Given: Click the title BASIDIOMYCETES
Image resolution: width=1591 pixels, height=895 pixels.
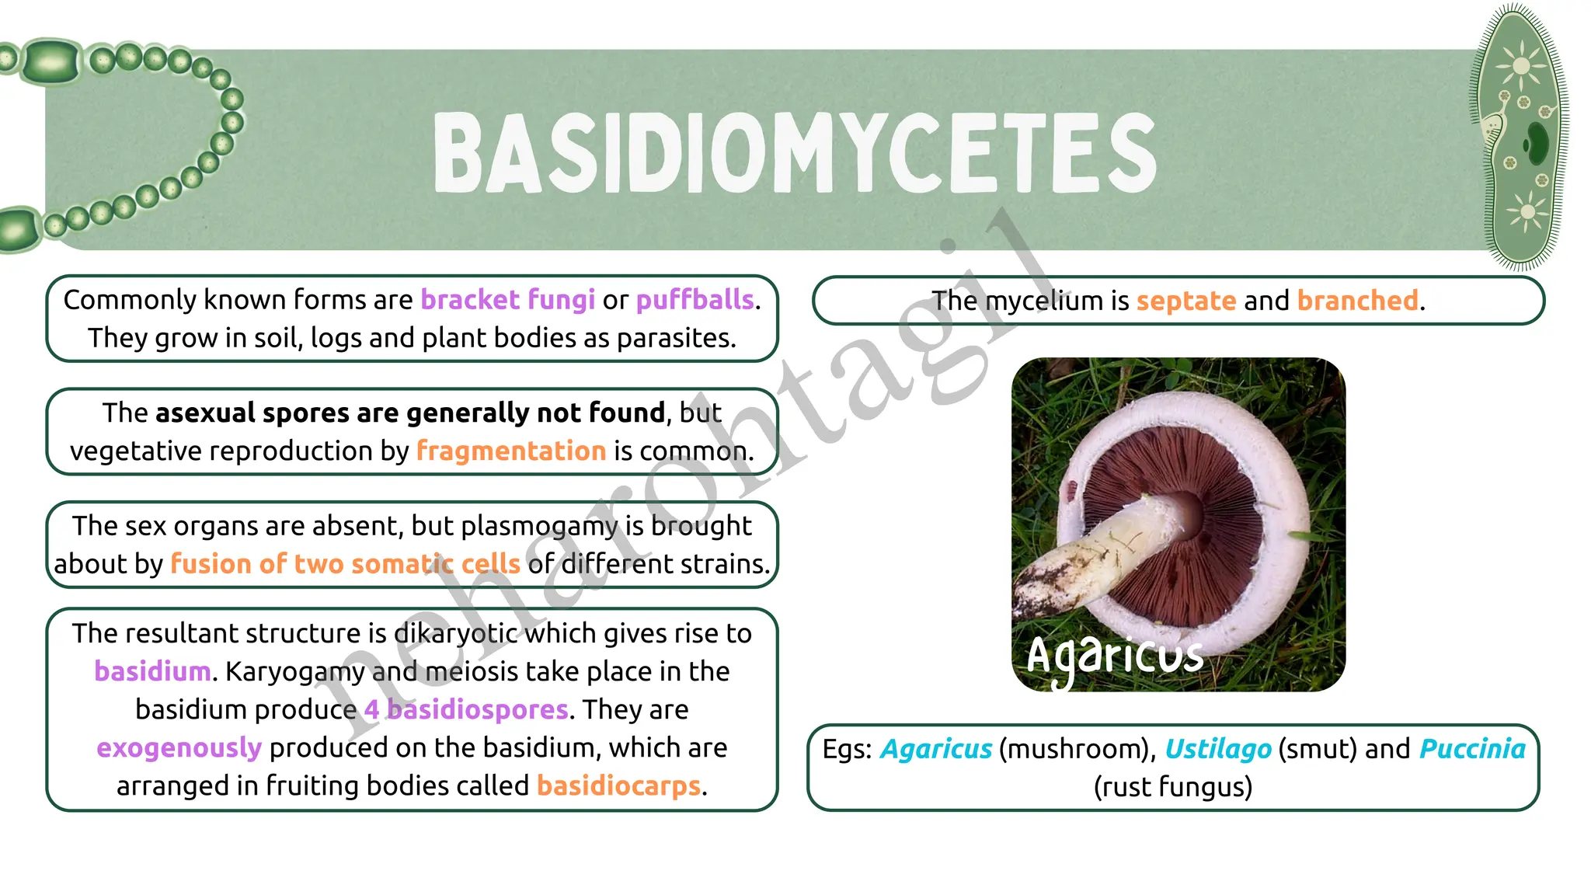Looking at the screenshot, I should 794,152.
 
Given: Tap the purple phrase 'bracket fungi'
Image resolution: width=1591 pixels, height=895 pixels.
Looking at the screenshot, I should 507,300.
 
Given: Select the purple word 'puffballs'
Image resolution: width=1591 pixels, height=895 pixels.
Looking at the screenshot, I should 695,300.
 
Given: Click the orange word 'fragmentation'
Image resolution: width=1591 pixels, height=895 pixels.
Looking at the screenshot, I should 510,451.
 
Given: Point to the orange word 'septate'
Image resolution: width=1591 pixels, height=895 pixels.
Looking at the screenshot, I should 1185,301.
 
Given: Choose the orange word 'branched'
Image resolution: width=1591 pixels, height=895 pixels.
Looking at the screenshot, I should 1357,301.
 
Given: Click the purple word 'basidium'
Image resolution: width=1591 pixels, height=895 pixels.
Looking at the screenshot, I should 152,671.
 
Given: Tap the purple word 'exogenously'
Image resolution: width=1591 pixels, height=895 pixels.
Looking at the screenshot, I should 179,747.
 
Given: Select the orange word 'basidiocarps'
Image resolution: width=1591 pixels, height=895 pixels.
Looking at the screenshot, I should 618,785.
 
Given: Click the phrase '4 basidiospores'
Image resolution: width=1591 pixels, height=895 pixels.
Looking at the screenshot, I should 466,709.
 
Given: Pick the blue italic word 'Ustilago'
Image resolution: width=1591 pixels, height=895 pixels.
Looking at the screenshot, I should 1217,749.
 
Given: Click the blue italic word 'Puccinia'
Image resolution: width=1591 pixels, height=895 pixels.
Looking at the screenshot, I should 1472,749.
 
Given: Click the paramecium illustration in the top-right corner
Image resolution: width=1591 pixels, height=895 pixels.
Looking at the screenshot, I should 1520,136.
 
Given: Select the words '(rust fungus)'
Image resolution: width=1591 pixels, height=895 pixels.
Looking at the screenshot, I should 1173,787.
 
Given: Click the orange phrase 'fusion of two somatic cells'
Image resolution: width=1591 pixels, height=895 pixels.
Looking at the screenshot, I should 345,564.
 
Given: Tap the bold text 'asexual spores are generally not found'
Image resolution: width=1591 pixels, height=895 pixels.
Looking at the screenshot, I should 410,413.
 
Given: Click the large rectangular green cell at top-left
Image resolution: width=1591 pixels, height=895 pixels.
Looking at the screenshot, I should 51,62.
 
